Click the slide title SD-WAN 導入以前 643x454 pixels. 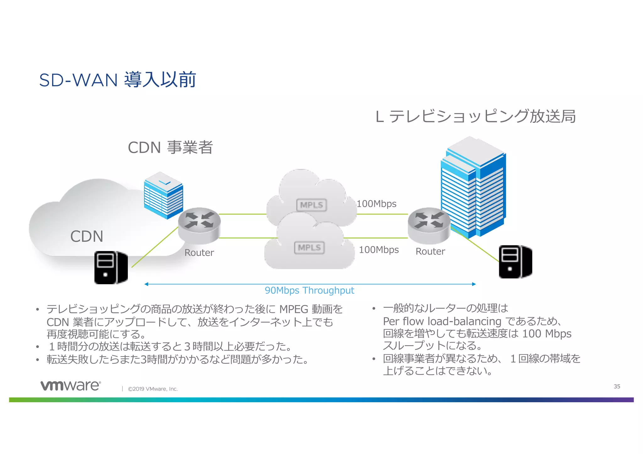pos(117,80)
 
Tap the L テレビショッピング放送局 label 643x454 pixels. pos(475,116)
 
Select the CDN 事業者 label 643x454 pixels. pos(170,147)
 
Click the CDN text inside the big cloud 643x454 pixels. pos(87,236)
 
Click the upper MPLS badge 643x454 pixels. pos(311,205)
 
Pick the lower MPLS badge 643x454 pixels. pos(309,248)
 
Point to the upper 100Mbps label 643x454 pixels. pos(376,204)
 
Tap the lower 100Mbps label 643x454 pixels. pos(379,250)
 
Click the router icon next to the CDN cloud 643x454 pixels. pos(199,225)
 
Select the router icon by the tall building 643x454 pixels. pos(429,225)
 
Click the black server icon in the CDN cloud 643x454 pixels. pos(111,268)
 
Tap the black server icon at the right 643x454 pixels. pos(515,262)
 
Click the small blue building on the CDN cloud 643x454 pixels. pos(163,195)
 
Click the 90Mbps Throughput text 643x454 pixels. pos(309,291)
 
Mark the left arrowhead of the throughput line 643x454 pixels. pos(146,284)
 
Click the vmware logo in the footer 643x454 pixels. pos(71,386)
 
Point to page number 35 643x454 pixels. pos(617,386)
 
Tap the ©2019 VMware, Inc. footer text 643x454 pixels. pos(153,389)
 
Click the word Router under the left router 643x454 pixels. pos(199,253)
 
